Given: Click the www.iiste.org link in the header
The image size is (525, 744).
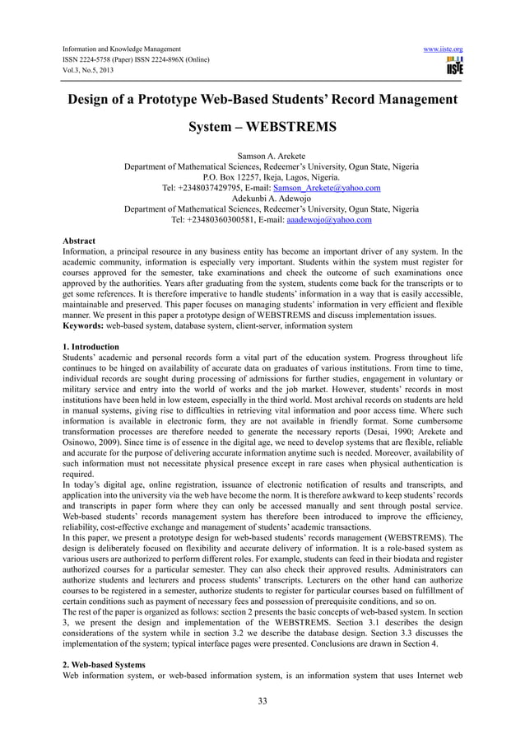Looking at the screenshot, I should [x=443, y=49].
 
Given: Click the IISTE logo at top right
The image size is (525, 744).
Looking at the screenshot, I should [x=453, y=66].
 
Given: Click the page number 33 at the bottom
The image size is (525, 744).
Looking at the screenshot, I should [x=263, y=702].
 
